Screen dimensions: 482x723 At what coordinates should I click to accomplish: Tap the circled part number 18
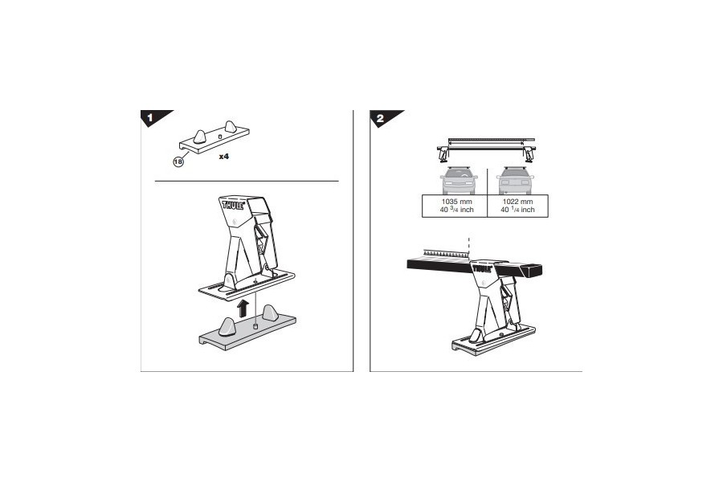point(178,161)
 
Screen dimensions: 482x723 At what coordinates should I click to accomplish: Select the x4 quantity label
point(225,157)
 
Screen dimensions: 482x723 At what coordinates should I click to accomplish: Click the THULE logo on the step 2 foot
point(482,269)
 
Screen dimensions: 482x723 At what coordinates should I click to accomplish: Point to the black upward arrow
point(240,306)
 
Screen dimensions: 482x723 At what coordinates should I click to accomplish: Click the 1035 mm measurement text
point(454,202)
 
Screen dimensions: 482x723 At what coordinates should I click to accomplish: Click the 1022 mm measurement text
point(517,202)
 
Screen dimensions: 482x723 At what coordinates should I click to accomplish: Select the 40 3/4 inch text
point(454,210)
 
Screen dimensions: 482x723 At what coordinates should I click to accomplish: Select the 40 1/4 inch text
point(517,210)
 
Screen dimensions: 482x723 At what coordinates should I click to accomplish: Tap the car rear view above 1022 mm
point(516,179)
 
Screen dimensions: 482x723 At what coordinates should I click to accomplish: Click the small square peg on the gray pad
point(254,326)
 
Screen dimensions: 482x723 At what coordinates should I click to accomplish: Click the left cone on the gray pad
point(227,325)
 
